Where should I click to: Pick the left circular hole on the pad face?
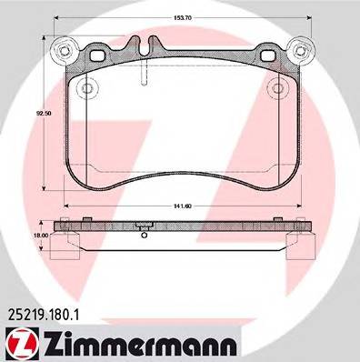point(86,89)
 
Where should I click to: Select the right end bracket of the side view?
point(297,244)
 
